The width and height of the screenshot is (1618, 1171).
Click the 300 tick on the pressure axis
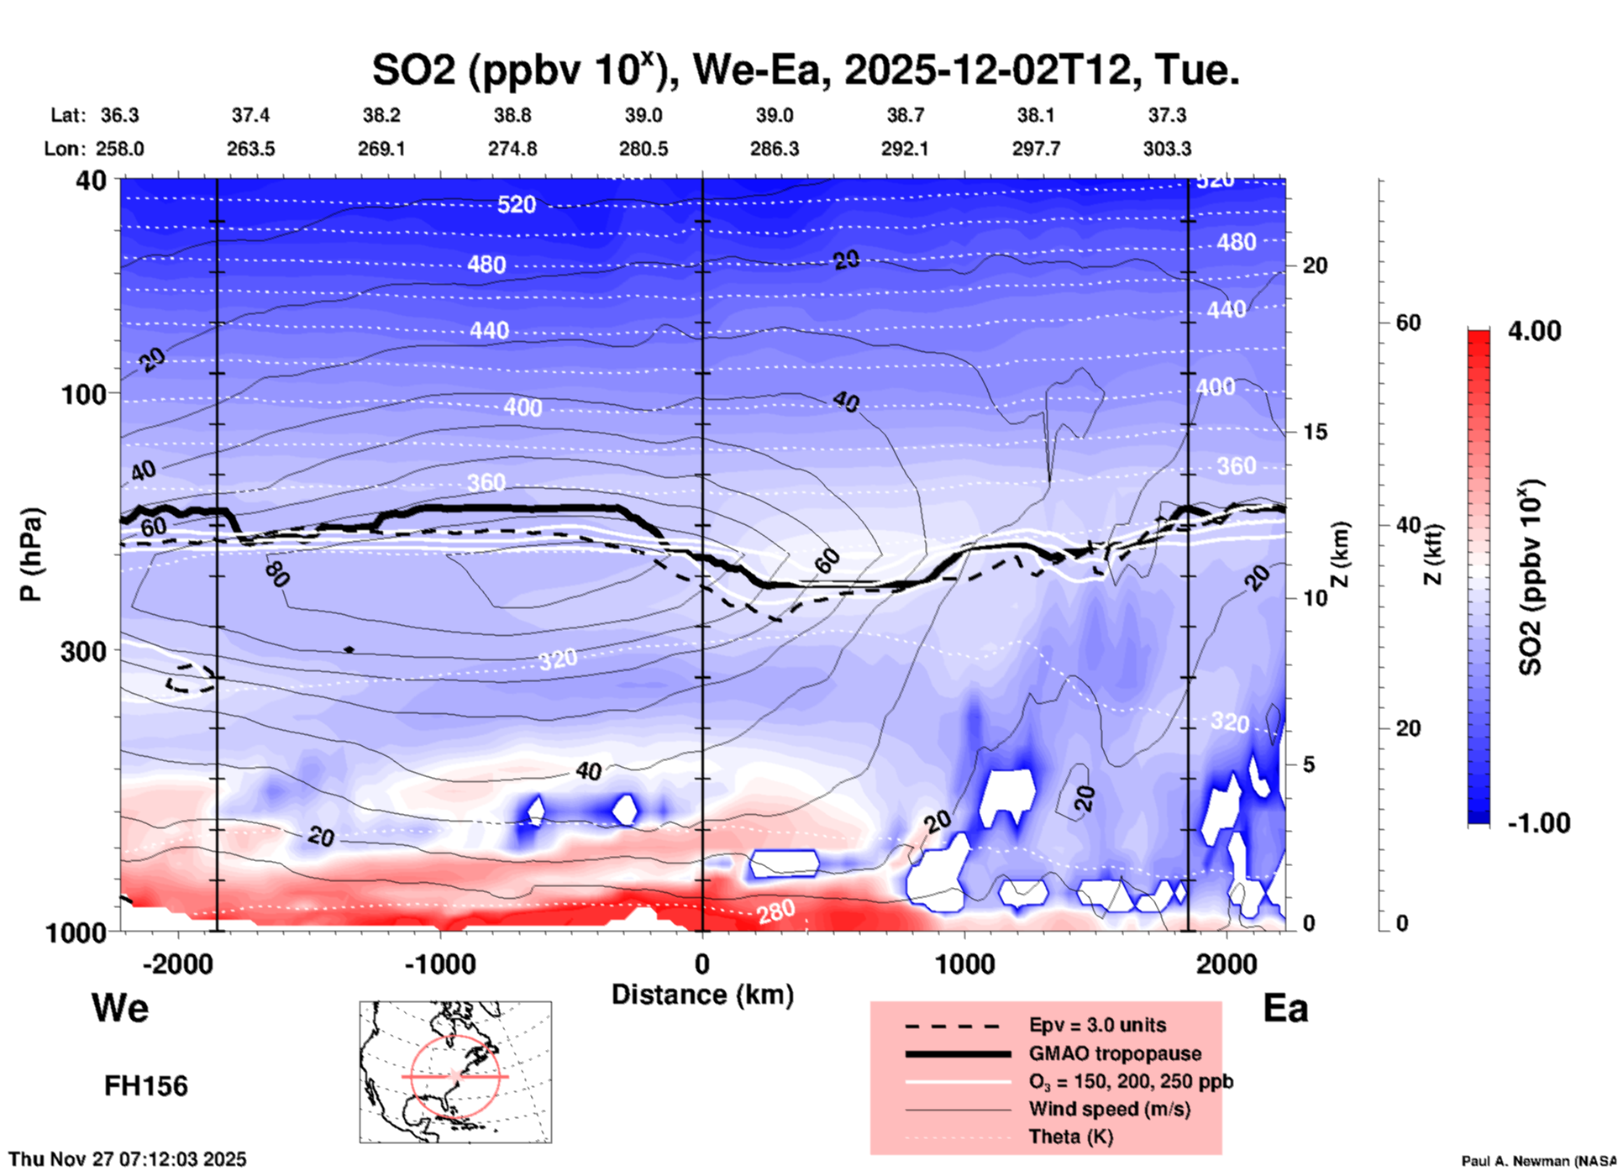point(84,651)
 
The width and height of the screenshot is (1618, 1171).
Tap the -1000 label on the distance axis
point(439,964)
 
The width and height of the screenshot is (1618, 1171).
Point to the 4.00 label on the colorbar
point(1534,330)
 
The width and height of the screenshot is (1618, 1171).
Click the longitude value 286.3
point(774,149)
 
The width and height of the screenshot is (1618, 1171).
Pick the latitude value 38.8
point(512,115)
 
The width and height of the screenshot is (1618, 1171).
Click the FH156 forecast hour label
point(145,1086)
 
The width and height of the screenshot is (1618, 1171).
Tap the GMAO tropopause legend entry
point(1114,1053)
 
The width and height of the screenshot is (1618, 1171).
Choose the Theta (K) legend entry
point(1070,1137)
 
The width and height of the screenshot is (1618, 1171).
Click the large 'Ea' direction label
point(1284,1009)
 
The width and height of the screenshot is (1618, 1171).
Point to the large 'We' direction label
point(120,1007)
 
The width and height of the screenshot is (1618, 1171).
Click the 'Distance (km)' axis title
point(702,995)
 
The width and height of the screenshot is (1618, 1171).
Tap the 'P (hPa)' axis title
point(31,554)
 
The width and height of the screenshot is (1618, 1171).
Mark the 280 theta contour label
point(775,911)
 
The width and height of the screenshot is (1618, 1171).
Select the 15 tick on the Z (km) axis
point(1315,432)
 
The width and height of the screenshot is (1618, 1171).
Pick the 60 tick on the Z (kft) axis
point(1408,323)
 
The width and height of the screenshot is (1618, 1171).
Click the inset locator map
point(455,1071)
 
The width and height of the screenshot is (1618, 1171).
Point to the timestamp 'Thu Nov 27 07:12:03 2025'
point(128,1159)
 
